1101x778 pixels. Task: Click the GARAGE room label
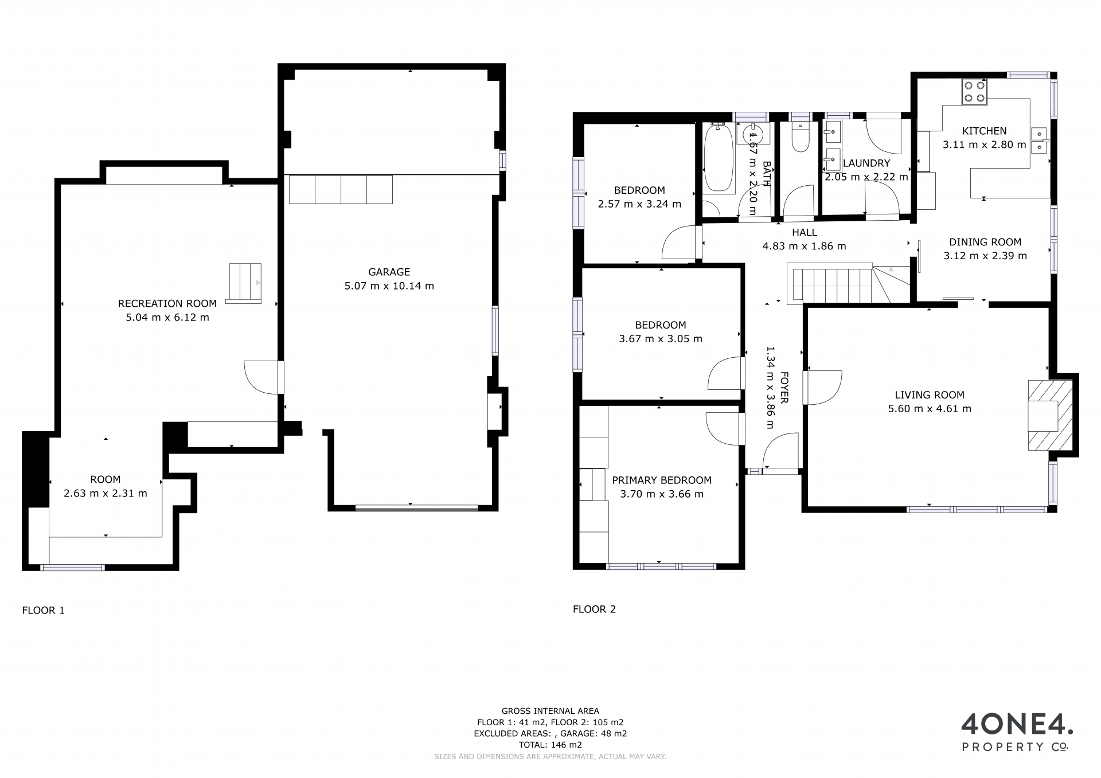[x=389, y=272]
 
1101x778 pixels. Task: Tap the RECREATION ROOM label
[x=167, y=304]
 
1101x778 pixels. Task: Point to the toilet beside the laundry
[x=800, y=135]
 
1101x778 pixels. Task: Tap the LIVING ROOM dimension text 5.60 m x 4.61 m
[x=930, y=409]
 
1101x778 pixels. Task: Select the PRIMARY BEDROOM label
[x=662, y=480]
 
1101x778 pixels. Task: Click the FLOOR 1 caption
[x=44, y=611]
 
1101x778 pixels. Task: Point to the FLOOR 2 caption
[x=594, y=609]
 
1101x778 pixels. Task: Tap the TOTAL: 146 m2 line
[x=550, y=745]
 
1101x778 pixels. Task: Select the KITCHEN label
[x=985, y=131]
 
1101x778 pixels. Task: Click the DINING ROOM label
[x=985, y=243]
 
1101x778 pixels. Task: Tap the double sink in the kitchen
[x=1039, y=140]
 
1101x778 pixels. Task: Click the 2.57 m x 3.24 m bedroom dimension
[x=639, y=204]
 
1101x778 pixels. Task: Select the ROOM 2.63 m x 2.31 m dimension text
[x=106, y=494]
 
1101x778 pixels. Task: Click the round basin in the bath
[x=751, y=136]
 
